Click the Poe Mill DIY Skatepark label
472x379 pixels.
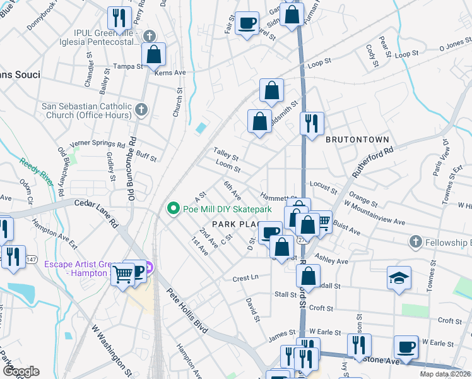pyautogui.click(x=227, y=208)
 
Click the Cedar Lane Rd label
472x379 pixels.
pyautogui.click(x=97, y=214)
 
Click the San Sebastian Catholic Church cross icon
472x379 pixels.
pyautogui.click(x=141, y=110)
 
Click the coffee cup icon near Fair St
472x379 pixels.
pyautogui.click(x=247, y=23)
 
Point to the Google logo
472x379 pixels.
pyautogui.click(x=21, y=371)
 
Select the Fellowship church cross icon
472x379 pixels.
pyautogui.click(x=415, y=242)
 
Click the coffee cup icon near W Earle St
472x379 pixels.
pyautogui.click(x=406, y=346)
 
